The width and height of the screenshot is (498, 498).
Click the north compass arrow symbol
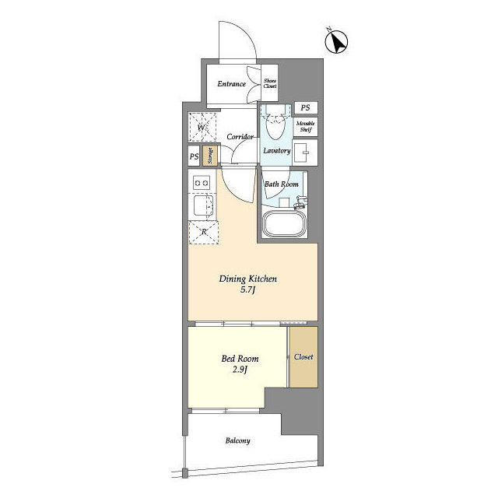[x=336, y=41]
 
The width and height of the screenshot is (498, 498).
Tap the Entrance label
[x=232, y=84]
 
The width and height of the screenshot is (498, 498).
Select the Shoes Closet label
[x=270, y=83]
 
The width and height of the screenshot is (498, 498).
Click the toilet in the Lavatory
[x=275, y=122]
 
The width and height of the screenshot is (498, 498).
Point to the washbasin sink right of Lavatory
[x=304, y=153]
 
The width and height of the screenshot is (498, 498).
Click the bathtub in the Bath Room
[x=284, y=223]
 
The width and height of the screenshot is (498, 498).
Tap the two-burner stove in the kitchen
[x=202, y=183]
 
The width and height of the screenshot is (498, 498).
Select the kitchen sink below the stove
[x=202, y=205]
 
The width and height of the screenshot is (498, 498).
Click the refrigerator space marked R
[x=204, y=232]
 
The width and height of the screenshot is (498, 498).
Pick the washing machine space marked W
[x=202, y=128]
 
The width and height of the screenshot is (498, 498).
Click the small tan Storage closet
[x=210, y=156]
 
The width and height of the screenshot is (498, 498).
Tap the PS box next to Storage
[x=194, y=156]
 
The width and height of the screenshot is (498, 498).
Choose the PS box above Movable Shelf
[x=306, y=107]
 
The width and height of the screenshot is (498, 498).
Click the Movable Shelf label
[x=306, y=126]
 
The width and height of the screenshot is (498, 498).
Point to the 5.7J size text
[x=247, y=289]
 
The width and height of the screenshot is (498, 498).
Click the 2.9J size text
[x=240, y=370]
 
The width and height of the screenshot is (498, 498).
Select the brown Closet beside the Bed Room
[x=303, y=357]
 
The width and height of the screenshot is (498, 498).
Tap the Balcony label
[x=237, y=440]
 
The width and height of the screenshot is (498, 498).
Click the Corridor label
[x=240, y=137]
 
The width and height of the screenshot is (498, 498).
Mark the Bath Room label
[x=282, y=184]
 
